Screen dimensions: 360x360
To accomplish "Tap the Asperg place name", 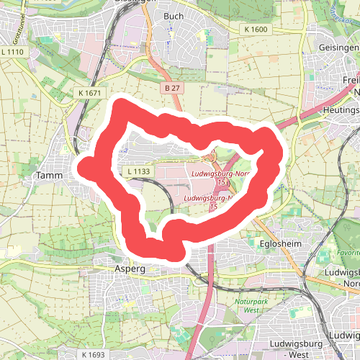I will coord(130,268).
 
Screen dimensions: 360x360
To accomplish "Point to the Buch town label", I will coord(174,15).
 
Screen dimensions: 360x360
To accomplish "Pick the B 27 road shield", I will coord(171,87).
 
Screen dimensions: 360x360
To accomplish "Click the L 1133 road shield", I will coord(138,171).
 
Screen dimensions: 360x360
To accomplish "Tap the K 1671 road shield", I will coord(91,94).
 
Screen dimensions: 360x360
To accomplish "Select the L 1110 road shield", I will coord(13,52).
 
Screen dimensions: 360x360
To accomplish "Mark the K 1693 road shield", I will coord(93,355).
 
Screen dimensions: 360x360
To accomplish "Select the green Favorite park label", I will coord(348,253).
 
